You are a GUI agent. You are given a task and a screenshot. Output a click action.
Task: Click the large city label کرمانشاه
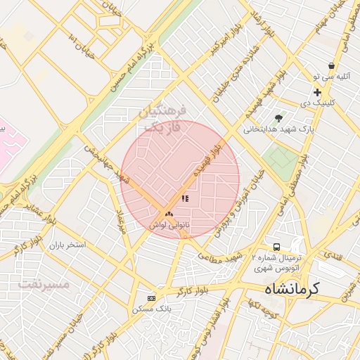point(291,288)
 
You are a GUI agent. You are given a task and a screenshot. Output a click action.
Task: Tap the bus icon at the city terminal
point(277,247)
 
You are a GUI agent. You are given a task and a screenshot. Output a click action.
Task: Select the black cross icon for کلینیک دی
point(318,92)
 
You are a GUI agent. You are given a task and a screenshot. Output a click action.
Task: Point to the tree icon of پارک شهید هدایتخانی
point(279,118)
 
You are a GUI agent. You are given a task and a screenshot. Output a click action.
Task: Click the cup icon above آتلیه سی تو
point(331,65)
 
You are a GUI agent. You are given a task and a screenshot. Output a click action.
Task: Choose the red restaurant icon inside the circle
point(185,199)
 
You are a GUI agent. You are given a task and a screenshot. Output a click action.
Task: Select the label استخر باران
point(67,246)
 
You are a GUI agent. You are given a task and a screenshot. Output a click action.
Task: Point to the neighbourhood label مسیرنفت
point(44,285)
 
